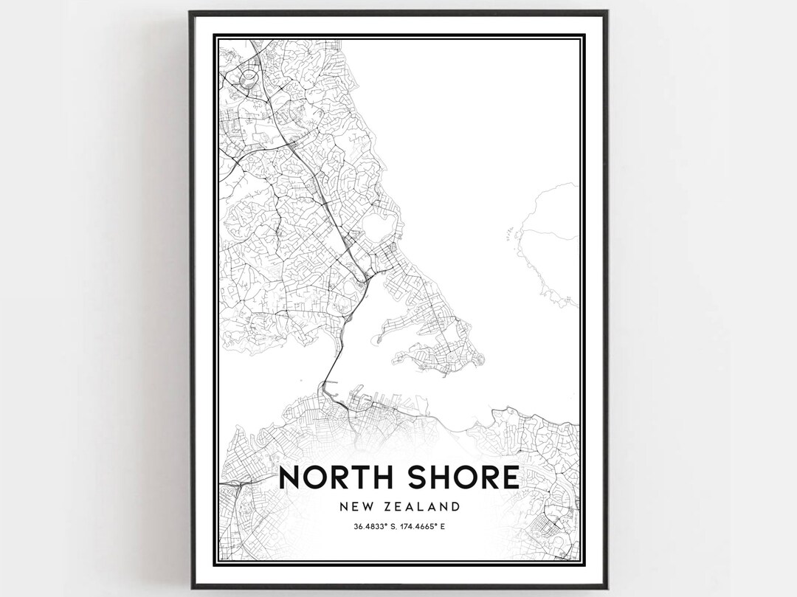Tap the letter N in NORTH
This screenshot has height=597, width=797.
coord(290,477)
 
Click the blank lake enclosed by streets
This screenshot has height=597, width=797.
coord(379,223)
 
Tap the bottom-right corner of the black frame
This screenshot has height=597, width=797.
coord(606,587)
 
